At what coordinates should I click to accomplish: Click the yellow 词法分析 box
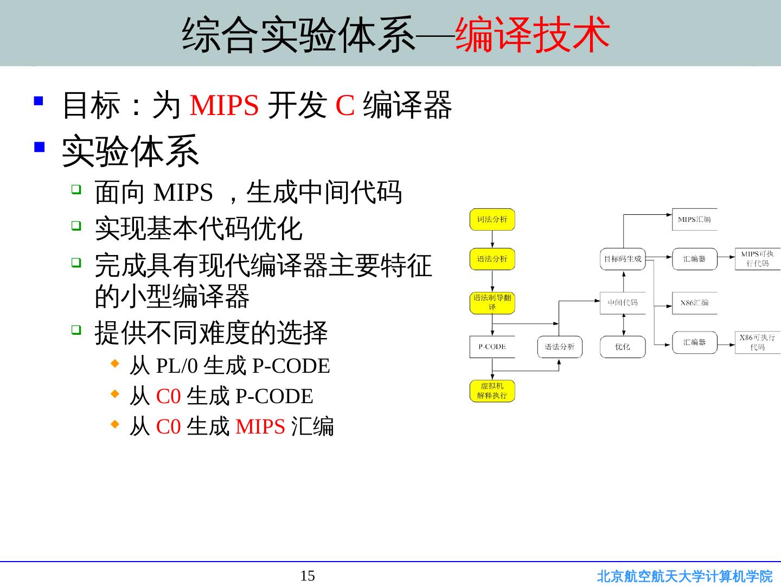coord(492,219)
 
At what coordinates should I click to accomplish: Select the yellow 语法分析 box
coord(492,259)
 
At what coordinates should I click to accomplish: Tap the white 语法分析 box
coord(559,347)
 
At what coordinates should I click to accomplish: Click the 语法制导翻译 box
coord(492,303)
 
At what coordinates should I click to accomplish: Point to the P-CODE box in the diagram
coord(492,347)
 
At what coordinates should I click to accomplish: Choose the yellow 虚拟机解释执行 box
coord(492,391)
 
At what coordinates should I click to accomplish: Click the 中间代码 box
coord(623,303)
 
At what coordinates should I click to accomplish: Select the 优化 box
coord(623,347)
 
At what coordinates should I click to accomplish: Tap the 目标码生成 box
coord(623,259)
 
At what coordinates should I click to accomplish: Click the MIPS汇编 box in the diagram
coord(694,219)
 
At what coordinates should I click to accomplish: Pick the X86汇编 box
coord(694,303)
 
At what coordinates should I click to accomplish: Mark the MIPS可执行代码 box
coord(758,259)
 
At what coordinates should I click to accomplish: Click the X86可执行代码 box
coord(758,342)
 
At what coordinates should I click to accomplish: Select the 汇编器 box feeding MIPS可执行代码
coord(694,259)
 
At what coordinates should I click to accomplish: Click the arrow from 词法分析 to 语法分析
coord(492,239)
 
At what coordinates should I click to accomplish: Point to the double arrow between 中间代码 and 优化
coord(623,324)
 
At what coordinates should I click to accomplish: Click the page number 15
coord(308,576)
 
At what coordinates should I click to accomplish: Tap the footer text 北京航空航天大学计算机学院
coord(684,576)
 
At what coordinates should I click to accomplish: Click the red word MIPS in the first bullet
coord(224,105)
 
